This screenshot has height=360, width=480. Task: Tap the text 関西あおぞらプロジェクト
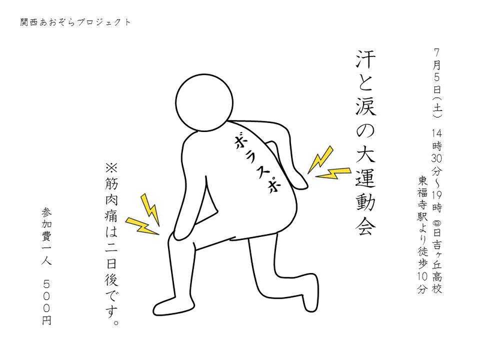click(x=76, y=22)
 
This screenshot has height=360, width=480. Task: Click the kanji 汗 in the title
click(x=365, y=59)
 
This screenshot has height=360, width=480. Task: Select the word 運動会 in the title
click(x=365, y=201)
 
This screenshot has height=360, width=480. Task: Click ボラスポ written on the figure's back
click(x=257, y=164)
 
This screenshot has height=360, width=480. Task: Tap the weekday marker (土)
click(x=437, y=107)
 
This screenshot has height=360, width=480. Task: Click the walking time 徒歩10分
click(x=422, y=270)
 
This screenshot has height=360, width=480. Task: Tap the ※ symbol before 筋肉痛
click(x=112, y=168)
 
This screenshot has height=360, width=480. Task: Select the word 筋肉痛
click(x=112, y=200)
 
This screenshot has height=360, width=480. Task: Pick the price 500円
click(x=47, y=302)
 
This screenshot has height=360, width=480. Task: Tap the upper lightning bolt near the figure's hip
click(x=320, y=160)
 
